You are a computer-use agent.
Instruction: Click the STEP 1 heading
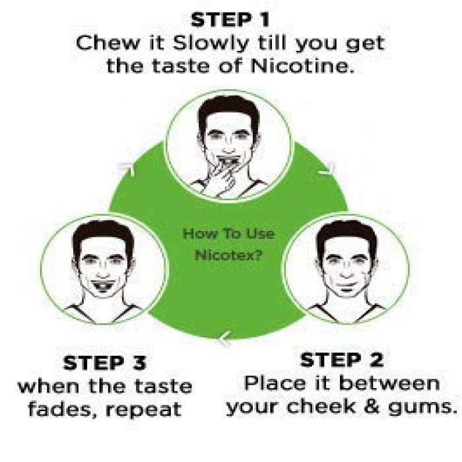pyautogui.click(x=230, y=20)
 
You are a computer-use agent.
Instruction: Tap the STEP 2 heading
pyautogui.click(x=342, y=360)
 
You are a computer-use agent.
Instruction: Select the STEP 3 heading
pyautogui.click(x=104, y=363)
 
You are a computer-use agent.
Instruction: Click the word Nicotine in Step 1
pyautogui.click(x=302, y=65)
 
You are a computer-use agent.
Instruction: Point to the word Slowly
pyautogui.click(x=211, y=44)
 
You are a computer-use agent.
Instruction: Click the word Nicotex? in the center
pyautogui.click(x=228, y=255)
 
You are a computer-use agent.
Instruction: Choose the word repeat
pyautogui.click(x=143, y=411)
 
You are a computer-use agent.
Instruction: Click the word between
pyautogui.click(x=389, y=383)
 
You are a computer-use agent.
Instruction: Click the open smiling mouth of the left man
pyautogui.click(x=102, y=286)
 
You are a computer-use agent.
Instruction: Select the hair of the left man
pyautogui.click(x=102, y=234)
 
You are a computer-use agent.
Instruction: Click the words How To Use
pyautogui.click(x=228, y=234)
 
